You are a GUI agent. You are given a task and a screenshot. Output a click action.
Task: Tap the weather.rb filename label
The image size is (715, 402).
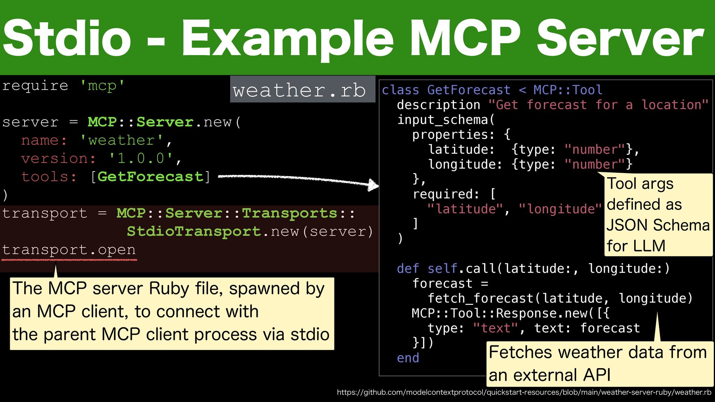[x=299, y=90]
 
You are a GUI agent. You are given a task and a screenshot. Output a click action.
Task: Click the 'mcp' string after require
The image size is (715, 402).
[x=102, y=86]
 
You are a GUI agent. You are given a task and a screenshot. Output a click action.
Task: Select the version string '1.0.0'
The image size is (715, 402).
[x=141, y=159]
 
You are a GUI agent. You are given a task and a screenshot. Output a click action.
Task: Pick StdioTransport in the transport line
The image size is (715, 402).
[x=194, y=232]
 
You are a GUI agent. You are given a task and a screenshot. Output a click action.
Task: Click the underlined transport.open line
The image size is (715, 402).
[x=69, y=250]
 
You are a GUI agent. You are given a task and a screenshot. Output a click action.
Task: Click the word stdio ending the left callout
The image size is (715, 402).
[x=310, y=334]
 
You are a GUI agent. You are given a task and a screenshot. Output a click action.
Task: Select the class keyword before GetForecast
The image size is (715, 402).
[x=400, y=90]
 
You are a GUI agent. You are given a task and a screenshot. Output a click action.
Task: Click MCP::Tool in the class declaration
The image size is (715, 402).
[x=568, y=90]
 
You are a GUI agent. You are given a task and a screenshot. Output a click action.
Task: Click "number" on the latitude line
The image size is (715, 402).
[x=594, y=150]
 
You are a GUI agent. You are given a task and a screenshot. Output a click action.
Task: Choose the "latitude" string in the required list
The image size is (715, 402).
[x=465, y=209]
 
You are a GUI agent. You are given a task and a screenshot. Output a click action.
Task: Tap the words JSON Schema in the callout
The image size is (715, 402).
[x=658, y=225]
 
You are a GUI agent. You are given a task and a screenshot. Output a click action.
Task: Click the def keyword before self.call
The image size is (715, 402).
[x=408, y=269]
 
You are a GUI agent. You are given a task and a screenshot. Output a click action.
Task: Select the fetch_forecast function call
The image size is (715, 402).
[x=481, y=299]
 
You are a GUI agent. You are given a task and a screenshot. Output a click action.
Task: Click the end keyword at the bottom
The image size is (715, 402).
[x=408, y=358]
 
